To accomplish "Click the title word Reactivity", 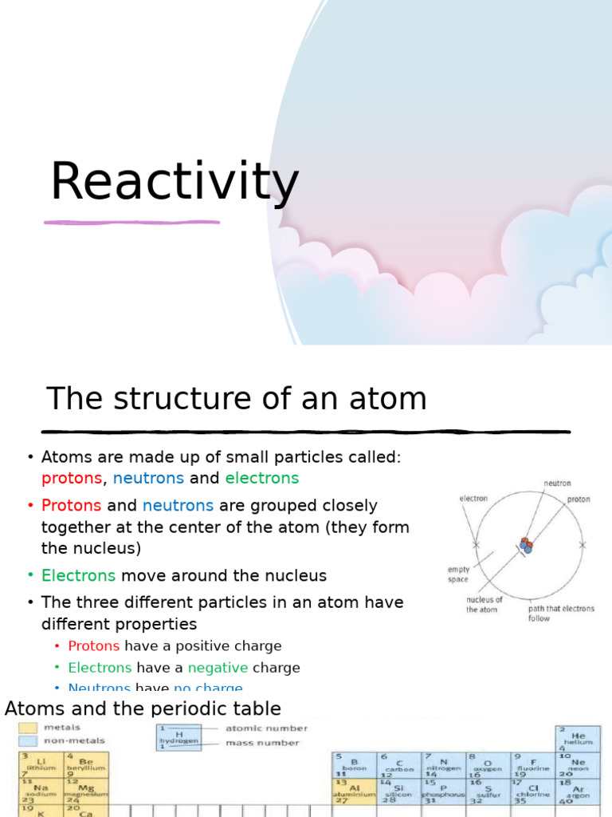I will (174, 182).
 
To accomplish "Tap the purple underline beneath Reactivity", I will (131, 222).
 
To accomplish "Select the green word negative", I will (218, 668).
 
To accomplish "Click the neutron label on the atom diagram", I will (557, 483).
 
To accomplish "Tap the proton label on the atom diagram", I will (579, 499).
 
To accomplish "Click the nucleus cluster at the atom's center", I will (526, 546).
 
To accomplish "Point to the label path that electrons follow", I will (561, 613).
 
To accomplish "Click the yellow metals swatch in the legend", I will (28, 728).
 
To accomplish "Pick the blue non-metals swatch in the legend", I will (28, 740).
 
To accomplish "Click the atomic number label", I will (266, 728).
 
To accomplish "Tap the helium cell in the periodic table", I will (578, 738).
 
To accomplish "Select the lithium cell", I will (38, 764).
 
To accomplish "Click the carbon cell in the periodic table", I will (398, 764).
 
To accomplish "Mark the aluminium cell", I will (354, 791).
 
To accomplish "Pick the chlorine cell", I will (533, 791).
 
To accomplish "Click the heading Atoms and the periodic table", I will (143, 708).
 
